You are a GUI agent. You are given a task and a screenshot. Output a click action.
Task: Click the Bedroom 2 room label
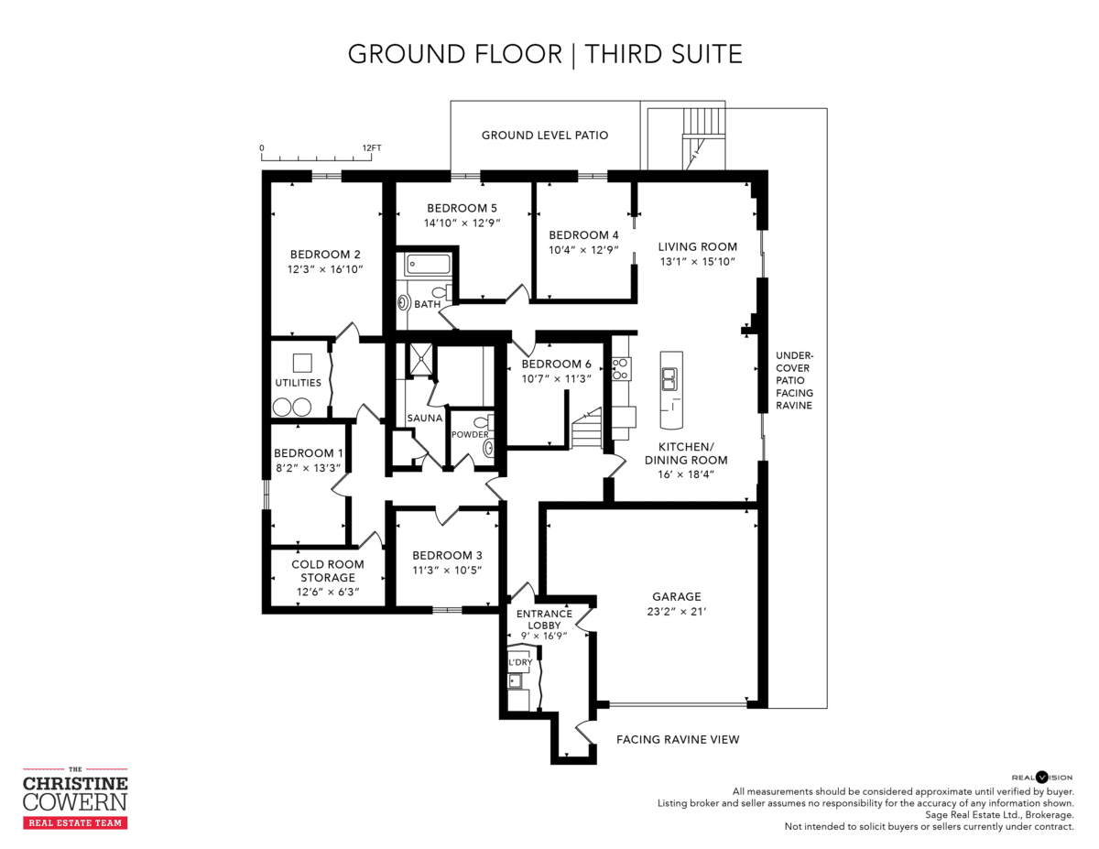[x=325, y=255]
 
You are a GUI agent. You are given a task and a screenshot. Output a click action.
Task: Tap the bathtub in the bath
[x=428, y=264]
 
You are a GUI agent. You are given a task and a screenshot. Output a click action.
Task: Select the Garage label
[x=676, y=596]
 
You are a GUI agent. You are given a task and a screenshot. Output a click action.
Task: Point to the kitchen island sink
[x=669, y=379]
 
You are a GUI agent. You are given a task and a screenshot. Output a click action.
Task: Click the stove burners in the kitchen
[x=621, y=369]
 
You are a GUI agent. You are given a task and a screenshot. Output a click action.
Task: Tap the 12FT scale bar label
[x=372, y=148]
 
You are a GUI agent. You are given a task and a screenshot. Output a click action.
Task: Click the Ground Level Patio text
[x=545, y=136]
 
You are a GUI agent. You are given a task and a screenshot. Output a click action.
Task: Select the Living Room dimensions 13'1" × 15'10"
[x=698, y=262]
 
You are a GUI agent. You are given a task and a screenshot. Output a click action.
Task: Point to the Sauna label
[x=425, y=419]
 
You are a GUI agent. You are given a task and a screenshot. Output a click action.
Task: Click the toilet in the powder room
[x=483, y=422]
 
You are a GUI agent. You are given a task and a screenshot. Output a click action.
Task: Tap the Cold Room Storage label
[x=328, y=571]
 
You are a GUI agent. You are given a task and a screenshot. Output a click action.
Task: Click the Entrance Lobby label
[x=544, y=619]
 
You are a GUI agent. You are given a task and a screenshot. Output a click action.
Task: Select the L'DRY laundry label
[x=520, y=662]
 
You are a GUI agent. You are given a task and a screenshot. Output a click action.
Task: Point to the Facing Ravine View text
[x=678, y=740]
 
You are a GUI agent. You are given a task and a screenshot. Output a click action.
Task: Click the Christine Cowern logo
[x=75, y=799]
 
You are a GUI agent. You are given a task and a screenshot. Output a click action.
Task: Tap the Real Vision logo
[x=1042, y=778]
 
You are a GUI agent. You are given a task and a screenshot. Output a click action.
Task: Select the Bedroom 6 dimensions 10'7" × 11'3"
[x=556, y=379]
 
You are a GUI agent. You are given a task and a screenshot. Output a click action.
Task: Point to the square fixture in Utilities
[x=302, y=363]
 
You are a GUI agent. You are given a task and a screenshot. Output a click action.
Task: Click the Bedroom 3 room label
[x=447, y=556]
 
